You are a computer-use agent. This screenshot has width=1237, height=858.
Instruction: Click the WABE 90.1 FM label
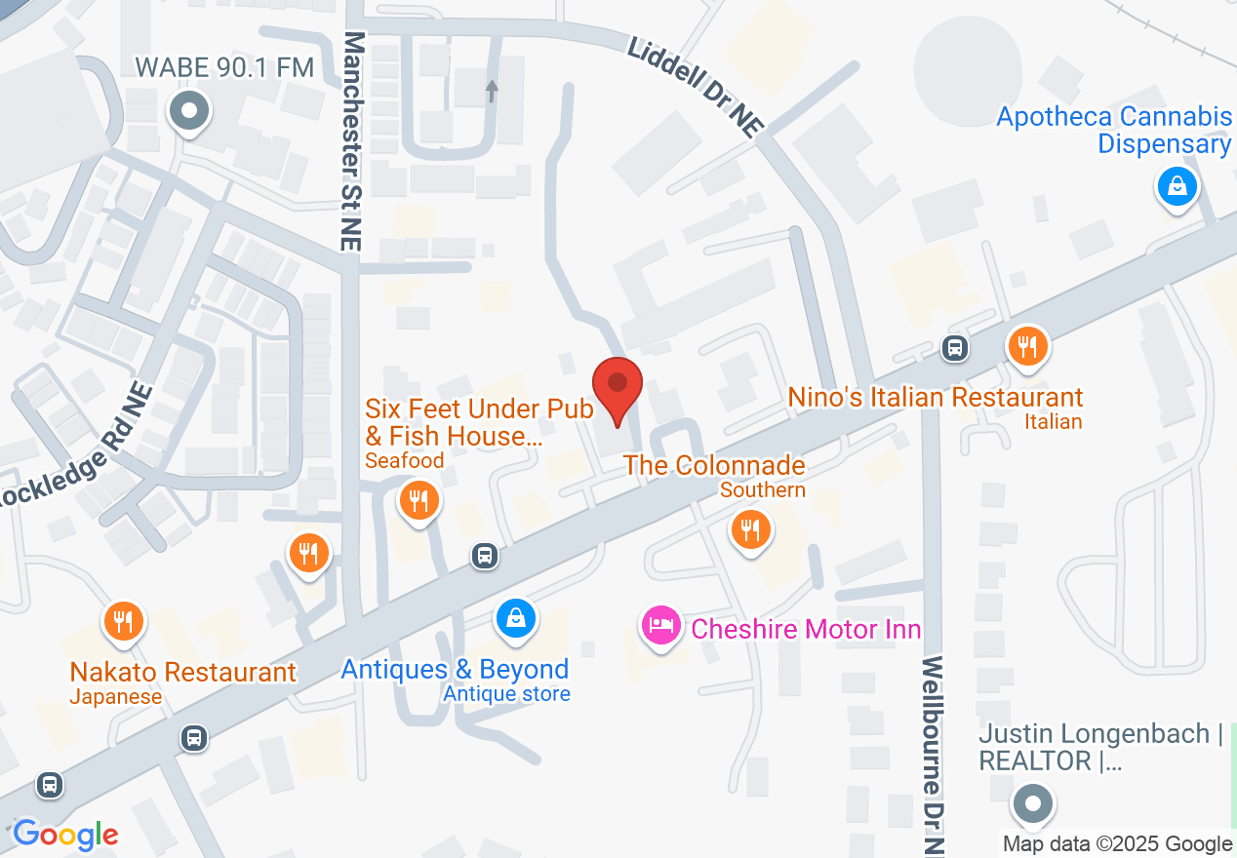tap(224, 67)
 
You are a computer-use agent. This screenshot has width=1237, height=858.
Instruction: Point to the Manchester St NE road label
tap(353, 141)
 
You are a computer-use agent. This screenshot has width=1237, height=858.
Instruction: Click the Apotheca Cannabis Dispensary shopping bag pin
tap(1177, 185)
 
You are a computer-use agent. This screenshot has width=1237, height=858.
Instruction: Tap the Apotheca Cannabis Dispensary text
tap(1114, 131)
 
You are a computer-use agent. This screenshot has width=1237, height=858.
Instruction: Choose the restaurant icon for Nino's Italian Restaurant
tap(1027, 345)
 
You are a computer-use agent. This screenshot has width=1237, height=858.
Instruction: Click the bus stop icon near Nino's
tap(954, 346)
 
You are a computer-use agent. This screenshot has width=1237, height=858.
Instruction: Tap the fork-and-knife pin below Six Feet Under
tap(419, 501)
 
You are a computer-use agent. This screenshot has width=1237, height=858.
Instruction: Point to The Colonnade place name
tap(714, 465)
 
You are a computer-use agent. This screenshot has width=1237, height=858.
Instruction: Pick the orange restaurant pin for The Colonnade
tap(750, 530)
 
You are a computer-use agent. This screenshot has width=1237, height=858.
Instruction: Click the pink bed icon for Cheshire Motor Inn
tap(661, 624)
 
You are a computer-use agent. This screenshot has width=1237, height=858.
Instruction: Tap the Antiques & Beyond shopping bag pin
tap(516, 617)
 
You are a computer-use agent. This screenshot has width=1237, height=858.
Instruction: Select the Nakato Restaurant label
tap(182, 672)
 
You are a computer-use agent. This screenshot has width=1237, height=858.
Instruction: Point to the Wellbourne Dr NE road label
tap(935, 755)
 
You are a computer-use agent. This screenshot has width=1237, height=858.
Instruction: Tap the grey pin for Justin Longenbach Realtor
tap(1032, 805)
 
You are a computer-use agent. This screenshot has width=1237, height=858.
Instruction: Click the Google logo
tap(65, 835)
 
